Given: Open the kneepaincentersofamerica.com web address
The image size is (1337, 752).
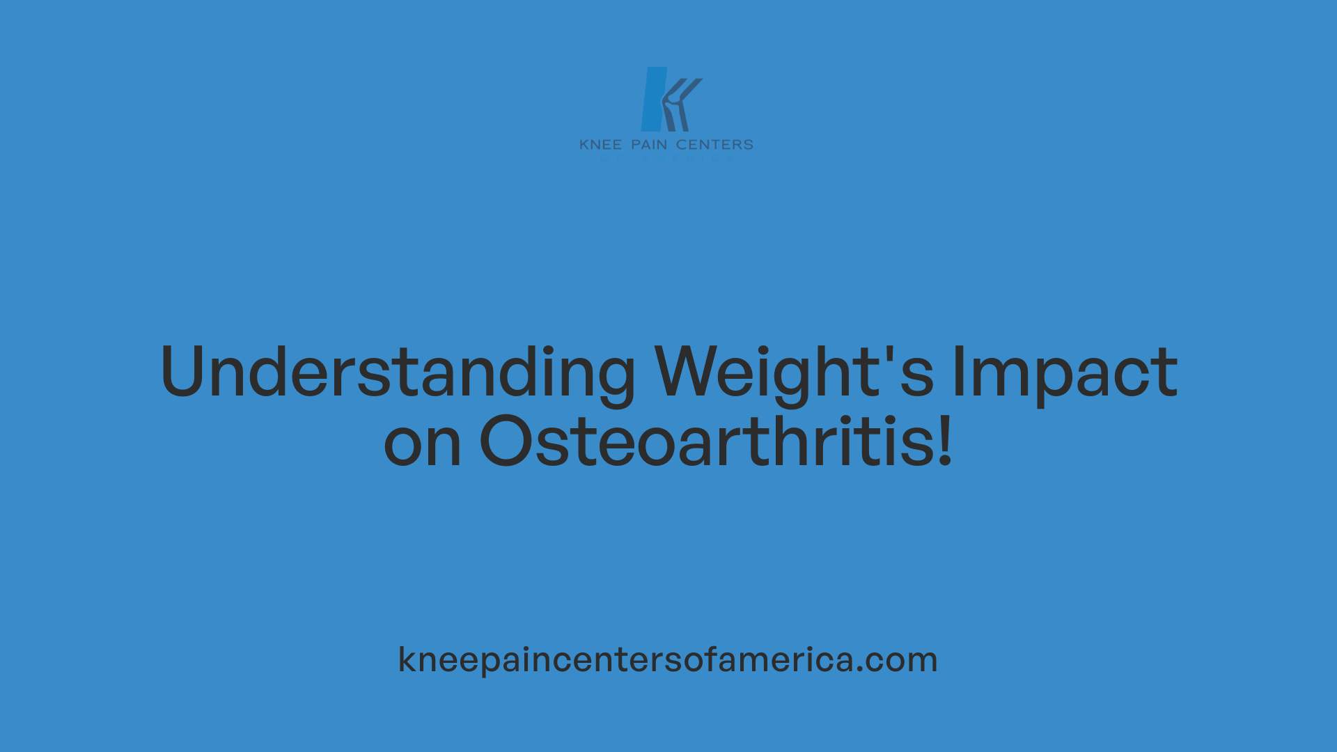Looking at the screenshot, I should pos(668,659).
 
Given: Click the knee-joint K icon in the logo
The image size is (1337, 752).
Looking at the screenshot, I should pos(678,104).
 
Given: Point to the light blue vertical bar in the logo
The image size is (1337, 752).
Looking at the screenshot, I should pos(653,99).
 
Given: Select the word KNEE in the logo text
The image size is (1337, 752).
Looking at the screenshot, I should pos(600,145).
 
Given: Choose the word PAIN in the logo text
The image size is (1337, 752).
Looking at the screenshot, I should pos(649,145).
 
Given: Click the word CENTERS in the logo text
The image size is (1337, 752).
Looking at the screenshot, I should pos(714,145).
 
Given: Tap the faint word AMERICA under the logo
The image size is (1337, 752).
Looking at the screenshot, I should pos(686,159).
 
